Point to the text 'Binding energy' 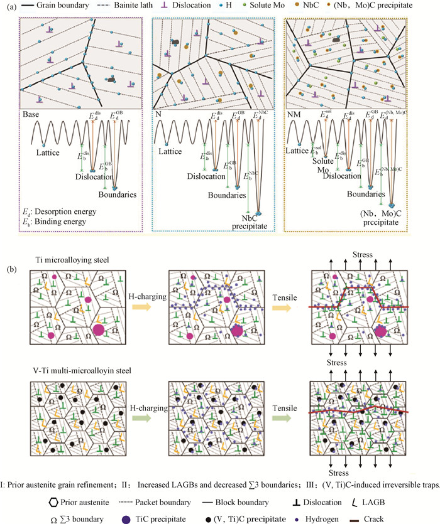(63, 234)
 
